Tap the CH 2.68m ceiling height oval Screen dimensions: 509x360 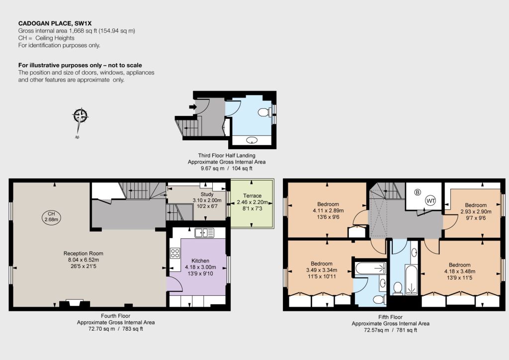(x=51, y=217)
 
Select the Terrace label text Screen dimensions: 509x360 (x=252, y=196)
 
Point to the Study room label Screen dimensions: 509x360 (x=207, y=194)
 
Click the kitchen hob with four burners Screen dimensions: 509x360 (x=175, y=253)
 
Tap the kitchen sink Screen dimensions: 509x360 (x=204, y=233)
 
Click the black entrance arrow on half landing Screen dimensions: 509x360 (x=193, y=107)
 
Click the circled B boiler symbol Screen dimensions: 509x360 (x=418, y=192)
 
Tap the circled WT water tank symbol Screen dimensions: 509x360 (x=431, y=200)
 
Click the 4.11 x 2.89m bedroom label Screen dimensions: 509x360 (x=328, y=210)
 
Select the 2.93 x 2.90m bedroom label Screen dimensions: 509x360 (x=476, y=211)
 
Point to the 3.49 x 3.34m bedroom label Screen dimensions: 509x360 (x=322, y=270)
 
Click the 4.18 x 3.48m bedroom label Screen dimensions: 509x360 (x=459, y=271)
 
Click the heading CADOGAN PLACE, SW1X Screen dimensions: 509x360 (x=55, y=23)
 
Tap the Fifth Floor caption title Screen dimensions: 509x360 (x=390, y=317)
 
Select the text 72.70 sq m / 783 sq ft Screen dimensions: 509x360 (x=115, y=329)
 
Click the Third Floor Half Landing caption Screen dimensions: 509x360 (x=227, y=156)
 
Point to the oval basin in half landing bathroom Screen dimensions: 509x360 (x=252, y=141)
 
